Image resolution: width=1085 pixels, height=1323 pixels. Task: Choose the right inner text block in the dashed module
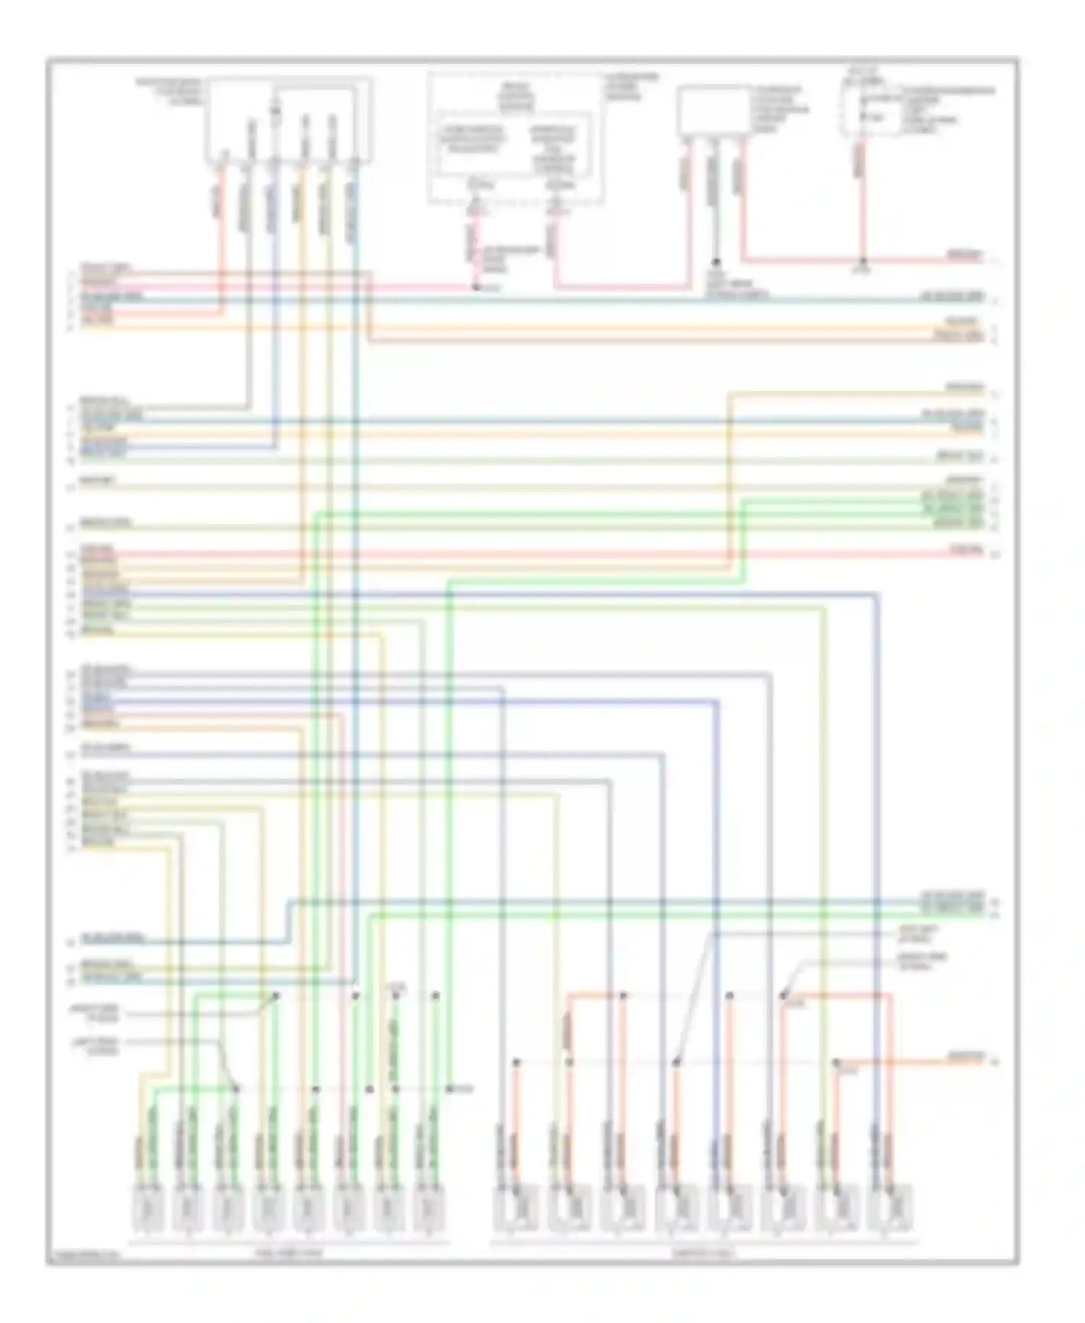[x=554, y=148]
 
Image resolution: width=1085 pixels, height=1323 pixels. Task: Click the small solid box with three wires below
[x=713, y=111]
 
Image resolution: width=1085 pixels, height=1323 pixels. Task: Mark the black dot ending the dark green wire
[x=716, y=262]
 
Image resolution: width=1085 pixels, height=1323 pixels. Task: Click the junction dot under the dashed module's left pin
[x=476, y=287]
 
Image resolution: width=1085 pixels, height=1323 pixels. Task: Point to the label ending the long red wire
[x=966, y=551]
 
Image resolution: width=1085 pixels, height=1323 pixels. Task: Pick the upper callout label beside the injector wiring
[x=103, y=1013]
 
